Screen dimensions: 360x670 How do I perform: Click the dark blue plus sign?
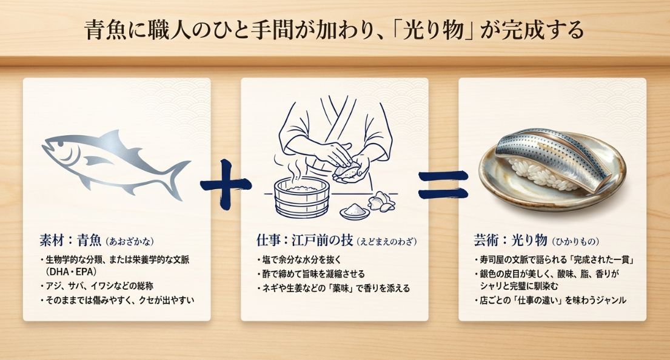225,184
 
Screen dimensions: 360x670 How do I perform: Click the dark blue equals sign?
443,184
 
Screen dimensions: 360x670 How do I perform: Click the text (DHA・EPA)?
70,272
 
